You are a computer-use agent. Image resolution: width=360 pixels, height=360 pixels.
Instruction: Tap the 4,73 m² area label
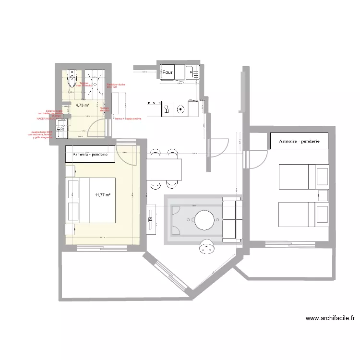click(83, 105)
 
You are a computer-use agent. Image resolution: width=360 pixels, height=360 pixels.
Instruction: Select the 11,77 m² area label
click(103, 194)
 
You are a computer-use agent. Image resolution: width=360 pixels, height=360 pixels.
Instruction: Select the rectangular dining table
click(164, 169)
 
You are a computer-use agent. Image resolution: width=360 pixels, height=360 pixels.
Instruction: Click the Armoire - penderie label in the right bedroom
click(299, 141)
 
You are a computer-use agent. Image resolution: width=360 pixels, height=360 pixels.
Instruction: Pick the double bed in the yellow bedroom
click(91, 200)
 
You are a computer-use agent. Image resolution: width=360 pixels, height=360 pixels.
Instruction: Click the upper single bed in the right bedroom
click(303, 176)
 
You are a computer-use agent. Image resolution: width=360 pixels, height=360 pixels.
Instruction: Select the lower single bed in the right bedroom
click(303, 214)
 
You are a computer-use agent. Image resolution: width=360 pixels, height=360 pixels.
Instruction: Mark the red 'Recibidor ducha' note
click(116, 85)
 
